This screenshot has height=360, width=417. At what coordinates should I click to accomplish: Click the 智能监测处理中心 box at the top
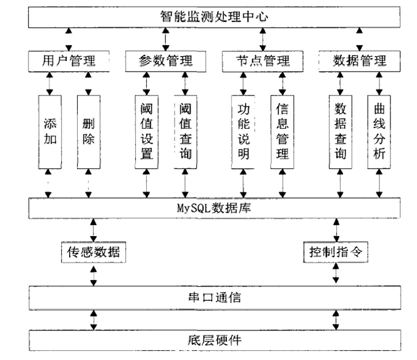tap(210, 17)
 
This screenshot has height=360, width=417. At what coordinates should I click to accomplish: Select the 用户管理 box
tap(69, 60)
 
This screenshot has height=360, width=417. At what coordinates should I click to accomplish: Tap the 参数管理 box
tap(165, 60)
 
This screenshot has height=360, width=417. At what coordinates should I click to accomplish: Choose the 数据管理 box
tap(359, 60)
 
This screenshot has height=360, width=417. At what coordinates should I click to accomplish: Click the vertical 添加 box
tap(50, 130)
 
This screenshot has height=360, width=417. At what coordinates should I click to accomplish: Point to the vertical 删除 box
tap(89, 130)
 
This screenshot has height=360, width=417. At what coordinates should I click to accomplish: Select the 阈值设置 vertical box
tap(147, 130)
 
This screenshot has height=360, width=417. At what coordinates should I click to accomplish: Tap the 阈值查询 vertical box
tap(185, 130)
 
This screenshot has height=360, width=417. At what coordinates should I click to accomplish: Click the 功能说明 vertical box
tap(243, 130)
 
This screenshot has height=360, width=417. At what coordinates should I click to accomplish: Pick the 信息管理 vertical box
tap(283, 130)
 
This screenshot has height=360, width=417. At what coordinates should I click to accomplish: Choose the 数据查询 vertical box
tap(340, 130)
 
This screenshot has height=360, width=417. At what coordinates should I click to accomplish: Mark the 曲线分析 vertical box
tap(379, 130)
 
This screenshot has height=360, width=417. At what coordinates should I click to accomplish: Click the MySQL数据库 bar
tap(210, 208)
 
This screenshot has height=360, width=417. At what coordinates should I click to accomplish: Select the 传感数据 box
tap(93, 252)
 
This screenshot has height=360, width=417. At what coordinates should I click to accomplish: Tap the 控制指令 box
tap(336, 252)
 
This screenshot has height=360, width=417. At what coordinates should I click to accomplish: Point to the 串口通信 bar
tap(210, 298)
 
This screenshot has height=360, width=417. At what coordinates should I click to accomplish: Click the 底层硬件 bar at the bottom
tap(210, 340)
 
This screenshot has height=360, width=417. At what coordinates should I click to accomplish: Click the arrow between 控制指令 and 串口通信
tap(336, 274)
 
